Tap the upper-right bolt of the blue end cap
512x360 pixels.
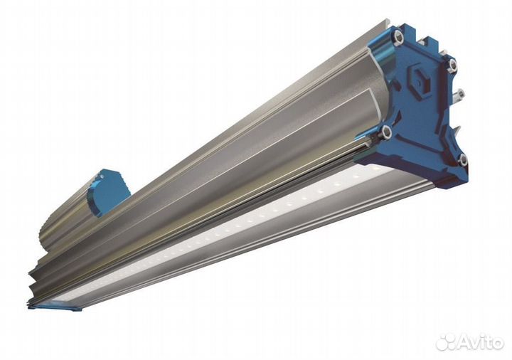tap(452, 65)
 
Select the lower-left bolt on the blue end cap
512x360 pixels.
tap(387, 132)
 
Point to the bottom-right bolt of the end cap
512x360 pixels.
tap(463, 160)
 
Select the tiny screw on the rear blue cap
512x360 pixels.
tap(102, 176)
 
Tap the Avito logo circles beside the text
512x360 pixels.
tap(447, 342)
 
